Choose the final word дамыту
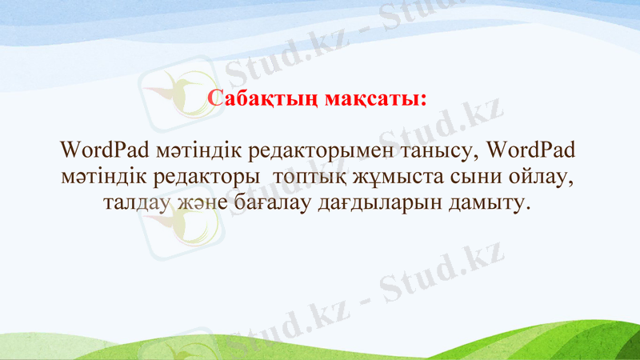(x=491, y=202)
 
